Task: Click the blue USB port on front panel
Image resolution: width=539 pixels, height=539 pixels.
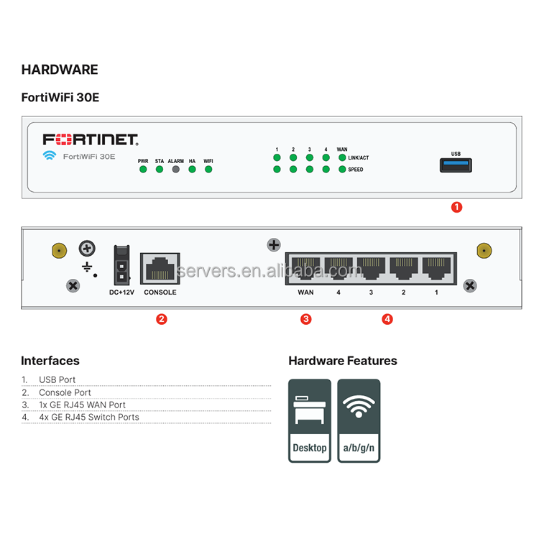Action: point(456,166)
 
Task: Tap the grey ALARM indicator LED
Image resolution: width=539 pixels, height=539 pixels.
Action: point(175,170)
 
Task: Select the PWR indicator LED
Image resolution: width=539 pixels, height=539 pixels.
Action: point(143,170)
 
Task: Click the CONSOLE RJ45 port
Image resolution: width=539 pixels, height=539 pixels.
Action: point(160,269)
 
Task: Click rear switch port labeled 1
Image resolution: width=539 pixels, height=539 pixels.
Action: point(436,269)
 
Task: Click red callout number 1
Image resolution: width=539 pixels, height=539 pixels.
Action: point(456,207)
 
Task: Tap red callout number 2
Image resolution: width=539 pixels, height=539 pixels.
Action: point(162,319)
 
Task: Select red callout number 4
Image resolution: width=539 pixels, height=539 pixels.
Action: point(387,319)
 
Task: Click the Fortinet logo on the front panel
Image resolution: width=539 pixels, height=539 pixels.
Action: point(90,139)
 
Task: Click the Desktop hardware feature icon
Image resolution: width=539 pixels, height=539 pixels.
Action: point(310,420)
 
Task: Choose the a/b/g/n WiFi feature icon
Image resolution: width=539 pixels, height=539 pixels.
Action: point(359,420)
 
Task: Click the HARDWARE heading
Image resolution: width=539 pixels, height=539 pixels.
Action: point(60,70)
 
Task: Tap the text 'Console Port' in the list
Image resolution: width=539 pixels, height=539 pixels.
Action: point(65,392)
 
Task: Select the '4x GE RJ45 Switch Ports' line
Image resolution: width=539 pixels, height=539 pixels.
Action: point(89,417)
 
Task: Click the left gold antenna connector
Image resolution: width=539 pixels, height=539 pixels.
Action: point(58,251)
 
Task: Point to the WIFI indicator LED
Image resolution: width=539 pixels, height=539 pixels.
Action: point(208,170)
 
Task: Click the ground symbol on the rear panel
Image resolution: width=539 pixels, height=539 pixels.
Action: point(88,268)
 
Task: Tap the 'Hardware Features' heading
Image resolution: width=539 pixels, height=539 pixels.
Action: point(342,361)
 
